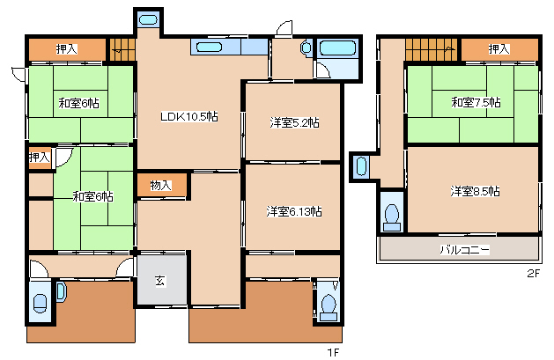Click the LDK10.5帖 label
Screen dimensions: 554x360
tap(189, 116)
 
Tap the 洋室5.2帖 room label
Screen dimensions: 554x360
tap(294, 123)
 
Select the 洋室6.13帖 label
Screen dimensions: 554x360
tap(294, 212)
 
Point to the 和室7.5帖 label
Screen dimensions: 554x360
tap(476, 103)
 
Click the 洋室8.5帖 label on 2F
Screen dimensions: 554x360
tap(475, 191)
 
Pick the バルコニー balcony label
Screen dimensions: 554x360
tap(465, 250)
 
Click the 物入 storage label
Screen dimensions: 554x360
tap(161, 185)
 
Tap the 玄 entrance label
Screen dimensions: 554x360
tap(160, 281)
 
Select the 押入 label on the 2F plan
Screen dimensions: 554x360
tap(499, 48)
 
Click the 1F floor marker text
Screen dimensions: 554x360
tap(333, 352)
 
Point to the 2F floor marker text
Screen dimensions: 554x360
tap(534, 273)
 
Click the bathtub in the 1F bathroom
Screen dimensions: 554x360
tap(337, 48)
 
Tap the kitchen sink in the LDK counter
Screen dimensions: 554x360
tap(209, 47)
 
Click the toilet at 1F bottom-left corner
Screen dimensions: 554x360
tap(40, 303)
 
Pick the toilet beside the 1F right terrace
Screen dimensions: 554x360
tap(329, 307)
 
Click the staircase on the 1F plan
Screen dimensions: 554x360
tap(122, 49)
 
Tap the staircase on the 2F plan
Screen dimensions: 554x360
tap(431, 49)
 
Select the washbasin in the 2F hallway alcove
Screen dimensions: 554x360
tap(361, 166)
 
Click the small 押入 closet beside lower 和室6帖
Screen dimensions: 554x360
tap(41, 158)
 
